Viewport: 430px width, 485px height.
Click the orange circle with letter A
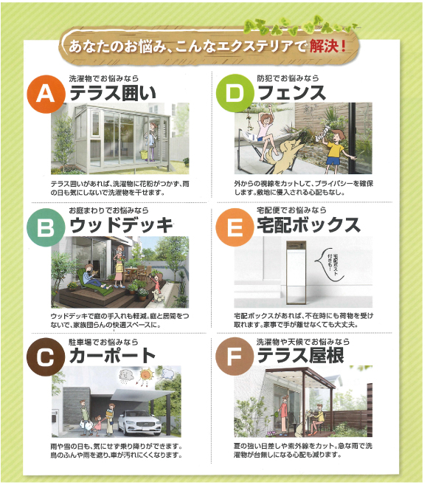click(46, 94)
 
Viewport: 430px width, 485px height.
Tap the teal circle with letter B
click(46, 227)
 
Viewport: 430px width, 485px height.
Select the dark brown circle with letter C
click(46, 357)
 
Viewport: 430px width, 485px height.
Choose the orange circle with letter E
click(235, 227)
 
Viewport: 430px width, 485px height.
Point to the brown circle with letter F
click(235, 357)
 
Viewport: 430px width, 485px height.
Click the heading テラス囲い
click(113, 93)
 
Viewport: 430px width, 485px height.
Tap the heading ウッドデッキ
click(121, 225)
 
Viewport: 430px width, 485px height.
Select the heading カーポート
click(113, 355)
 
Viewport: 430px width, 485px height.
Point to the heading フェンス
click(292, 93)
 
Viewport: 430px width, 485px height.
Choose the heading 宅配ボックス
click(309, 225)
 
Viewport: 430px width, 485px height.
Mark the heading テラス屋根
click(300, 355)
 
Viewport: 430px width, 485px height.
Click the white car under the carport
click(139, 422)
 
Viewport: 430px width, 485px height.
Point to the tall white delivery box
click(296, 273)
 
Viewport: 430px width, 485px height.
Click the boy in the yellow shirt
click(336, 151)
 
